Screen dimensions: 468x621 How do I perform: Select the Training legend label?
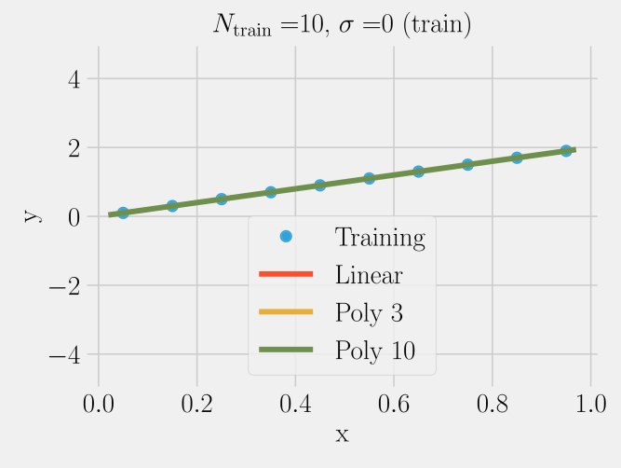(x=380, y=238)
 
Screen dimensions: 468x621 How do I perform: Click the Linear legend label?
(x=369, y=275)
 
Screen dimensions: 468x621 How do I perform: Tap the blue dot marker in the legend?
(x=286, y=237)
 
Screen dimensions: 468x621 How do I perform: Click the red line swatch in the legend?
(x=286, y=274)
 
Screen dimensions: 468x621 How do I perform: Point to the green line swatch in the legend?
(x=286, y=349)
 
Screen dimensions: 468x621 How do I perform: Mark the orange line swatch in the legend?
(x=286, y=311)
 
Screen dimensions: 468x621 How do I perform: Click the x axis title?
(x=342, y=434)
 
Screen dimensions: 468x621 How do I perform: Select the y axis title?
(x=31, y=215)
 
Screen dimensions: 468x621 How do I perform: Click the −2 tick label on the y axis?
(x=62, y=285)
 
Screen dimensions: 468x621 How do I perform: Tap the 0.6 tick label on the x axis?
(x=393, y=404)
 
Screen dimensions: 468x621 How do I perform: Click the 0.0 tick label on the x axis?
(x=98, y=404)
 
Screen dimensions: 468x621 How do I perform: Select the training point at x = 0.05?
(x=123, y=213)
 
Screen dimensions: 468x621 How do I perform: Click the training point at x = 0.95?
(x=566, y=150)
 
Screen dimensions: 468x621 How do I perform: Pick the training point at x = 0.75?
(x=467, y=164)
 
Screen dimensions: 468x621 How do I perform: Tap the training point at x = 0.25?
(x=222, y=199)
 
